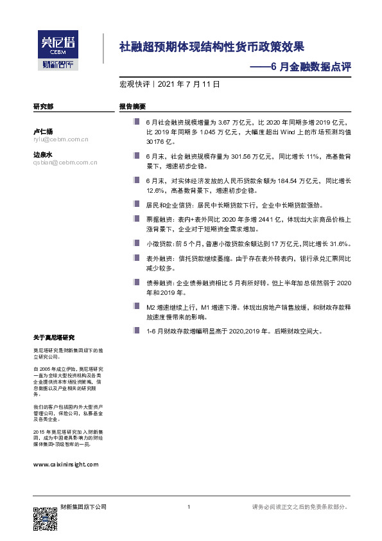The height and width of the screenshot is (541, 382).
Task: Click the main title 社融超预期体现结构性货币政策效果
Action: click(x=212, y=47)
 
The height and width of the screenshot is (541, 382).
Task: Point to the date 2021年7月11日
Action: click(x=189, y=84)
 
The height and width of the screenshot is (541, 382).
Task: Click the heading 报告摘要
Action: click(x=132, y=106)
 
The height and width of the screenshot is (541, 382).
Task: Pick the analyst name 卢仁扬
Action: click(x=43, y=130)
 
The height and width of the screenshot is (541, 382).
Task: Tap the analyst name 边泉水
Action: click(x=43, y=154)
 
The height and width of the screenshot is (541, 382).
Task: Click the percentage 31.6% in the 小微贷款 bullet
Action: click(x=338, y=244)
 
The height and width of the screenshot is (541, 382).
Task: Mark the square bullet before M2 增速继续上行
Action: click(x=136, y=307)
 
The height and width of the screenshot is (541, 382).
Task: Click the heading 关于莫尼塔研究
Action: click(x=54, y=337)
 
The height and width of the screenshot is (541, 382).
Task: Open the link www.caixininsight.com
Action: click(x=65, y=464)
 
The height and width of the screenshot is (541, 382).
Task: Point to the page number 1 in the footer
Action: click(x=189, y=508)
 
